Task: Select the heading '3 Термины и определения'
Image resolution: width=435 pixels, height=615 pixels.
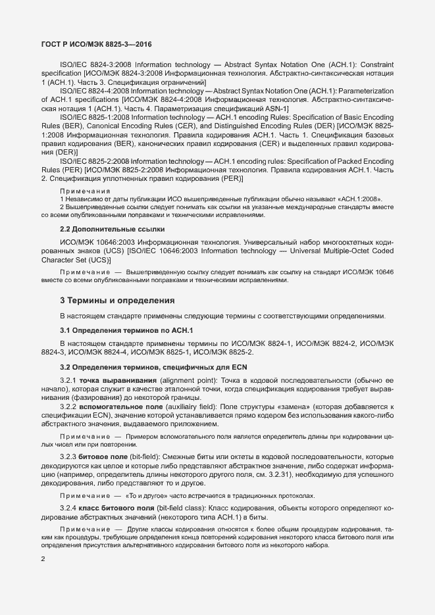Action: click(x=117, y=301)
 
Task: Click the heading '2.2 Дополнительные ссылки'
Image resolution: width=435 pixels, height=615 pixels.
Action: click(x=113, y=229)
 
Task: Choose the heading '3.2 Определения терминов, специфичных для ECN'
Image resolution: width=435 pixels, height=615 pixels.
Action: click(x=153, y=366)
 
